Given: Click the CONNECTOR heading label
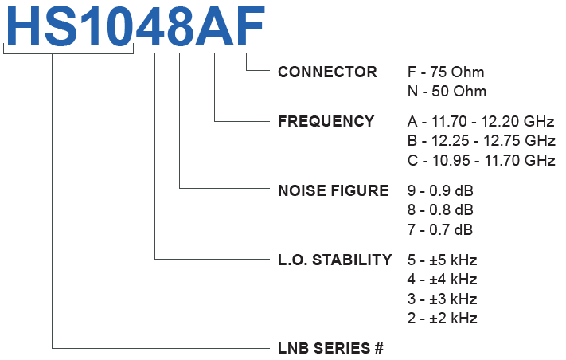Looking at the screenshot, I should point(327,72).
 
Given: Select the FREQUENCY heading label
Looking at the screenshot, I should point(326,122).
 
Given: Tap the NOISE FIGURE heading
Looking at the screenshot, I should point(333,191).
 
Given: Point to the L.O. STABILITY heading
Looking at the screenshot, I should point(334,260).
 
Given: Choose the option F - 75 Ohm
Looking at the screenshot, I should point(445,72).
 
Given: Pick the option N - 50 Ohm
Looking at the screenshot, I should point(446,92).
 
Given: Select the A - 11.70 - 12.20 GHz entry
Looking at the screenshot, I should point(480,122).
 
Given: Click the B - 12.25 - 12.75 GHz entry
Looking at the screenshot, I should point(480,141).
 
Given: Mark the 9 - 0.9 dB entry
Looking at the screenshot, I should point(439,191).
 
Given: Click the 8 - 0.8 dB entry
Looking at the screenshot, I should point(439,210).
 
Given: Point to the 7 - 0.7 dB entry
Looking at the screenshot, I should point(439,230).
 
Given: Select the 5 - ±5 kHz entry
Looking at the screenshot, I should point(441,260).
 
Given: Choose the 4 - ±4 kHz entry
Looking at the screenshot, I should point(441,280).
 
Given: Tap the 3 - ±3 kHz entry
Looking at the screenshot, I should point(441,299).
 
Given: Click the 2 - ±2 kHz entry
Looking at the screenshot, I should point(441,319).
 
